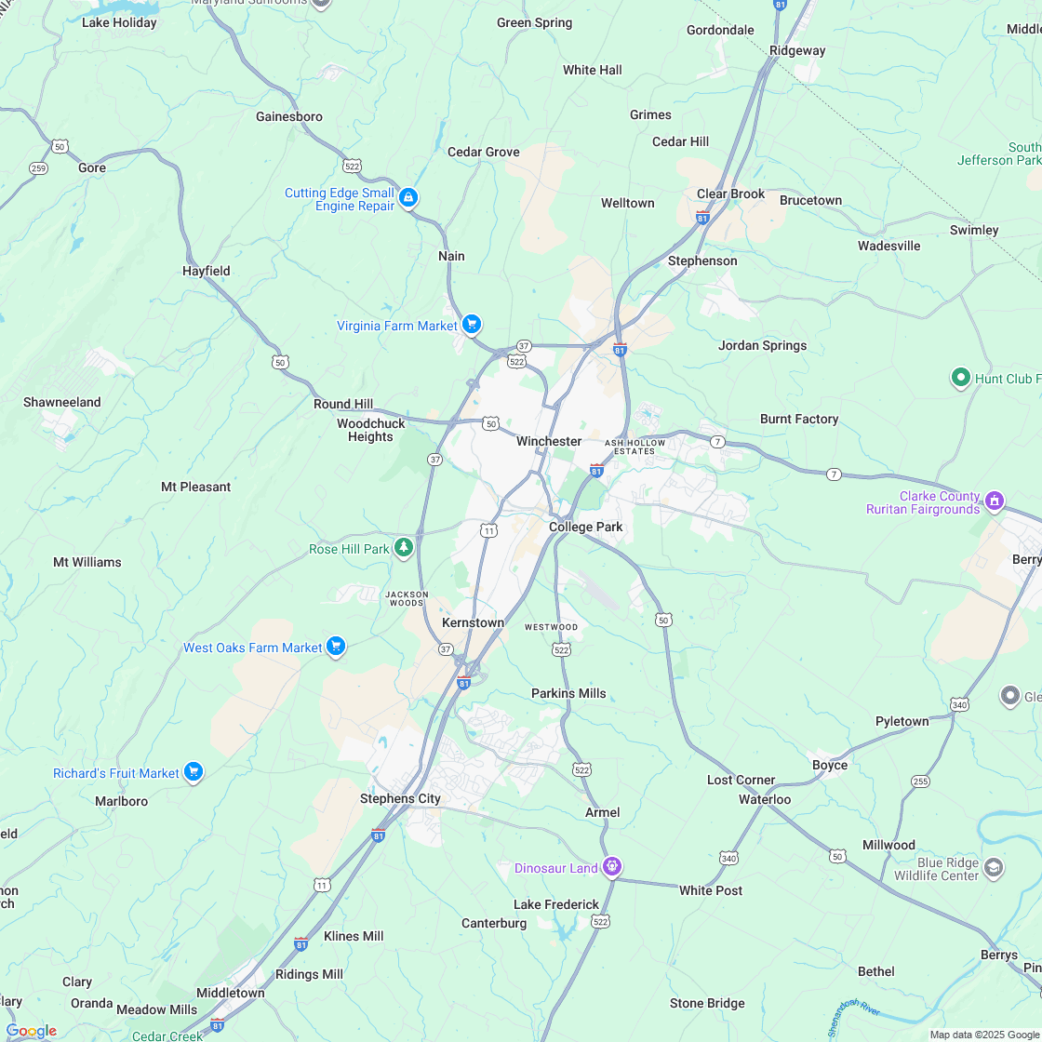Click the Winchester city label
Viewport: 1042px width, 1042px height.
click(x=549, y=441)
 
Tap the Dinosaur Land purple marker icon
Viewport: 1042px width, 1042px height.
click(x=611, y=867)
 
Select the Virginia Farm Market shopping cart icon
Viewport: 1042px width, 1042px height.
click(x=472, y=325)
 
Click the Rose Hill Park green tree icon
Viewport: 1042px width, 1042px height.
click(x=403, y=548)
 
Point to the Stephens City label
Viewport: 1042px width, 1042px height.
click(x=400, y=798)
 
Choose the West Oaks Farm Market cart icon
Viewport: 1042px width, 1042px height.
click(x=336, y=647)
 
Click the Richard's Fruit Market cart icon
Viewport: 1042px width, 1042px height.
click(x=193, y=772)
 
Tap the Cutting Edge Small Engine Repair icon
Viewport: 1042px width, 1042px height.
click(x=407, y=198)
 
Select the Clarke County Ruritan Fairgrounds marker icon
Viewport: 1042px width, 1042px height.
click(x=994, y=501)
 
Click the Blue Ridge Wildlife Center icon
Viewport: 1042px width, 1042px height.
click(x=993, y=868)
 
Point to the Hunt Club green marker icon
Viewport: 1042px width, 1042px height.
click(x=960, y=378)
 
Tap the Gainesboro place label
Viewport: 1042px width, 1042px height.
click(x=289, y=116)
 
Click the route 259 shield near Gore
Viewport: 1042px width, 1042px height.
click(x=38, y=168)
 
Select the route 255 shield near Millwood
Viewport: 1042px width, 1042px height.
click(x=920, y=781)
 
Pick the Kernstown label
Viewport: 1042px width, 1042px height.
click(x=473, y=622)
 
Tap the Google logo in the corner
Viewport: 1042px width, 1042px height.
click(x=31, y=1030)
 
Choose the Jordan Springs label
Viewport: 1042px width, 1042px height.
click(x=762, y=345)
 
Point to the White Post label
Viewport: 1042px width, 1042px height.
click(x=711, y=890)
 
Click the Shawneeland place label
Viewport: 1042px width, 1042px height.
click(x=62, y=402)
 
